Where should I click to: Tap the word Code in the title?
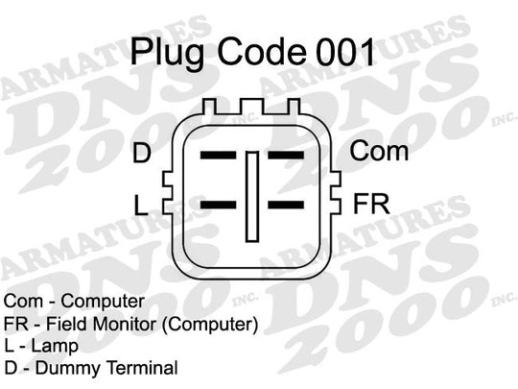tap(262, 52)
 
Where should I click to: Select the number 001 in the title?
tap(345, 52)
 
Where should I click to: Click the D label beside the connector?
tap(142, 153)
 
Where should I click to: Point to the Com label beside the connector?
tap(379, 151)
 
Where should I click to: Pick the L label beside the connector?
tap(141, 206)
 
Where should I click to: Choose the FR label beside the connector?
tap(371, 204)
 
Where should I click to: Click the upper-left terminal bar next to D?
tap(219, 156)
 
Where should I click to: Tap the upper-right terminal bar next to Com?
tap(286, 156)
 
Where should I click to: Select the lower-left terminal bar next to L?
tap(219, 205)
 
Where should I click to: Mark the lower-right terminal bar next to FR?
tap(286, 205)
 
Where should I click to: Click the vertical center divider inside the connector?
tap(252, 197)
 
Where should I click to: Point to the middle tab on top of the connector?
tap(251, 107)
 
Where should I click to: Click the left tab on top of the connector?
tap(209, 107)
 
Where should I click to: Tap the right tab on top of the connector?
tap(294, 107)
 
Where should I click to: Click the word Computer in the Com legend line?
tap(103, 302)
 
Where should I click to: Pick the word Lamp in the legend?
tap(55, 346)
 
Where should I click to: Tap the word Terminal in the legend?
tap(142, 368)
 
